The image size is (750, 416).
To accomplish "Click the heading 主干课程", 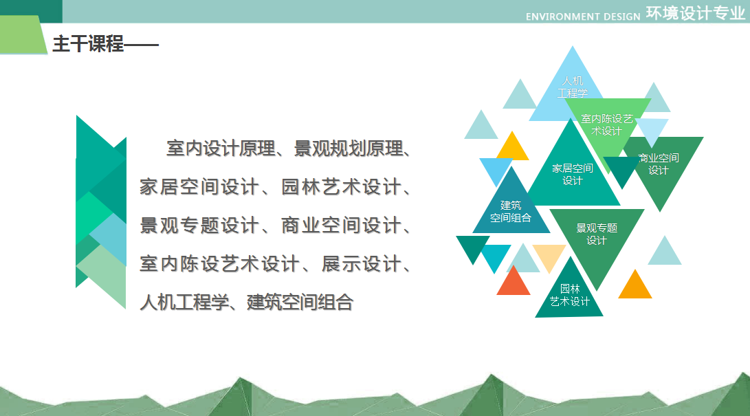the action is click(88, 44).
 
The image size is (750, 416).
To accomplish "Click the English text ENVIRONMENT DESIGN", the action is click(582, 17).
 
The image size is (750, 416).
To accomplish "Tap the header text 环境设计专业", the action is click(696, 13).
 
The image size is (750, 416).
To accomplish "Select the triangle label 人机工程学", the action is click(573, 87).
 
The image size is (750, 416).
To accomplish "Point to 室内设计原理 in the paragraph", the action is click(221, 149).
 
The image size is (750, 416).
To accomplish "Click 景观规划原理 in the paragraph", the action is click(349, 149).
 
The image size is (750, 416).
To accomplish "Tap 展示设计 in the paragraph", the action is click(362, 263).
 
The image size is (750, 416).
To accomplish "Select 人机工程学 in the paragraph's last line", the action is click(184, 302).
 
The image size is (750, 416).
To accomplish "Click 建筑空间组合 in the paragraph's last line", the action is click(300, 302).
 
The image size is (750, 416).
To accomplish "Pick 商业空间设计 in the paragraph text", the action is click(341, 226).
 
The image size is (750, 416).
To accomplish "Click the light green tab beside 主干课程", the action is click(23, 34).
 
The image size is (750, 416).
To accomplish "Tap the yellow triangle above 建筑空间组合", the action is click(512, 147).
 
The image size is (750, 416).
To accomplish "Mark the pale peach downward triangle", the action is click(549, 257).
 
